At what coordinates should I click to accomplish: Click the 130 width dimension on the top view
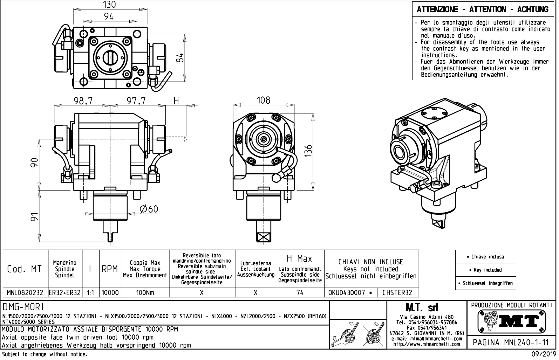[x=109, y=5]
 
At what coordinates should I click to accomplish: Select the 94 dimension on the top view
[x=109, y=16]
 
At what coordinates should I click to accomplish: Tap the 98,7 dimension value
[x=83, y=101]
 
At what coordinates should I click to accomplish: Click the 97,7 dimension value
[x=136, y=101]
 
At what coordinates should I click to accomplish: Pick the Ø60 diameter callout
[x=149, y=209]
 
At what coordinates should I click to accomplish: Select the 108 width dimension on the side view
[x=264, y=100]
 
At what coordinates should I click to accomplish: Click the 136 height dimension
[x=308, y=151]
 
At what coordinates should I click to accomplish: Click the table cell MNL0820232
[x=25, y=292]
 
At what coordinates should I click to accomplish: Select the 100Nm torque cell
[x=145, y=292]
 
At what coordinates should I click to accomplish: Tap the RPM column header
[x=110, y=269]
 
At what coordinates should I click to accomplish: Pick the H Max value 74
[x=300, y=292]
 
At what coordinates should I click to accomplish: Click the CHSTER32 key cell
[x=397, y=292]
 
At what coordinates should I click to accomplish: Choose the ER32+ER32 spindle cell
[x=65, y=292]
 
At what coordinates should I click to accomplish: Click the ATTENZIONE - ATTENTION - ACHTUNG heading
[x=483, y=9]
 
